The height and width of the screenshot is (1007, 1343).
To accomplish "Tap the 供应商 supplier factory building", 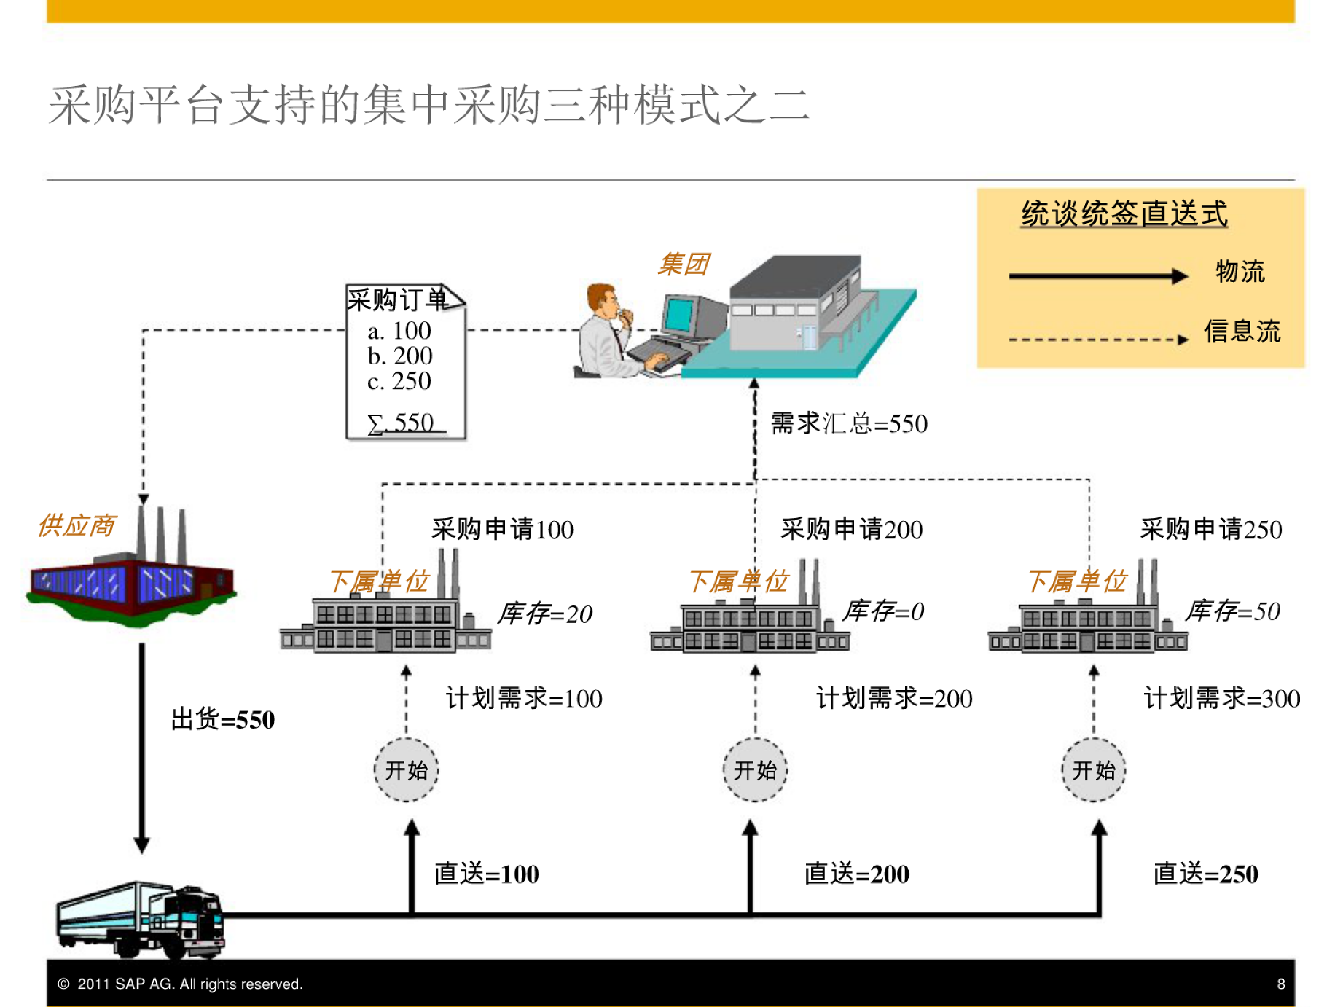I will click(x=131, y=583).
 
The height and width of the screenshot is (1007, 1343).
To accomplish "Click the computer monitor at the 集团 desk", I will click(x=680, y=316).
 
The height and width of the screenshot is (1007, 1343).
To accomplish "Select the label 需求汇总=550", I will click(x=849, y=424).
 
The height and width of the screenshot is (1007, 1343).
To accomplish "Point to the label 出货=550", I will click(x=223, y=720).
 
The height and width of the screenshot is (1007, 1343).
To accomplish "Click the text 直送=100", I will click(x=487, y=874).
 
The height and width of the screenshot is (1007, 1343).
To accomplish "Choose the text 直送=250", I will click(x=1206, y=874).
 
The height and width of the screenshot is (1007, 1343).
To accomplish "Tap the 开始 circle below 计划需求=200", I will click(x=755, y=770).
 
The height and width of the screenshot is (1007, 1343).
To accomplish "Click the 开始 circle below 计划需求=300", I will click(x=1093, y=770).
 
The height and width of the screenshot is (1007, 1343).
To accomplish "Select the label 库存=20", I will click(x=545, y=614).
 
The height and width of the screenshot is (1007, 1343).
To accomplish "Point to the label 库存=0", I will click(x=883, y=611).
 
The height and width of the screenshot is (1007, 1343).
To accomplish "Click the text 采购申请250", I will click(x=1211, y=530).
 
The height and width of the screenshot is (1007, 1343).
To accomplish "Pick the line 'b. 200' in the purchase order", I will click(x=400, y=356).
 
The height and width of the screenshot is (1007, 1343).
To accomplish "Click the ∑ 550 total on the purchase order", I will click(x=401, y=423).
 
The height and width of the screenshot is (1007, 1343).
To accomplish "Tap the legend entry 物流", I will click(x=1240, y=271).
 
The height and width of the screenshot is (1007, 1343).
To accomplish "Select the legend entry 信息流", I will click(x=1242, y=332).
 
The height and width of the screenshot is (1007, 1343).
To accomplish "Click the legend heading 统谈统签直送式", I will click(x=1124, y=214).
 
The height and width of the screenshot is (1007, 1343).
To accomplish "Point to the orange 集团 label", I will click(x=684, y=264).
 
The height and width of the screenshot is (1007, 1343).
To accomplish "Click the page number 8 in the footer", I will click(x=1281, y=984).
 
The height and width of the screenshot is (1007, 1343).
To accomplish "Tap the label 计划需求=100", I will click(x=524, y=699).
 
